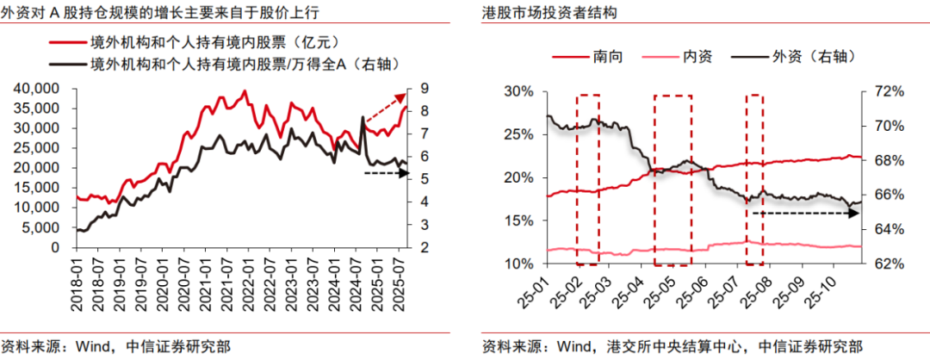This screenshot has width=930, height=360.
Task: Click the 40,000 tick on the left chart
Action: point(38,88)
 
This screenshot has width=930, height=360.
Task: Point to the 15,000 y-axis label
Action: point(38,188)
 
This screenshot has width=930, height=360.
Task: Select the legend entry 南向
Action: point(608,56)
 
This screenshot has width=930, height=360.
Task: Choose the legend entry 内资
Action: point(697,56)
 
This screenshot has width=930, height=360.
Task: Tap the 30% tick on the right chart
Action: point(521,91)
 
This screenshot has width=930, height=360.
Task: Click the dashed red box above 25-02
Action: point(588,178)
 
